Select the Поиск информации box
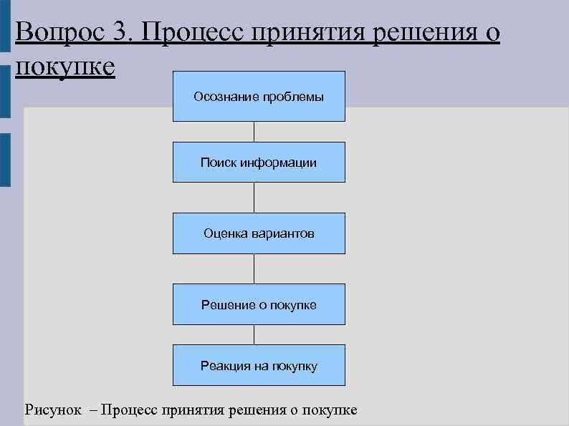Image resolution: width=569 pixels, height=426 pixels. click(259, 162)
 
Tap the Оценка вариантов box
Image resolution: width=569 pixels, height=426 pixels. click(259, 233)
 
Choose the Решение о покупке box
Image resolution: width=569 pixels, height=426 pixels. click(259, 304)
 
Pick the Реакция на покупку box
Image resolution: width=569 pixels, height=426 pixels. click(259, 365)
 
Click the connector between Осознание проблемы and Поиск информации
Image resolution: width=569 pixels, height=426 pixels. click(254, 132)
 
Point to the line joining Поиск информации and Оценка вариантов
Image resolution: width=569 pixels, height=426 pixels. click(254, 198)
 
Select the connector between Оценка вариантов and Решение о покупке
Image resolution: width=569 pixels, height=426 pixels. click(254, 268)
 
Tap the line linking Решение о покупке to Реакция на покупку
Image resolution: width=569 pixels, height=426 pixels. click(254, 334)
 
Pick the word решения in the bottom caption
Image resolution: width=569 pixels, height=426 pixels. click(255, 410)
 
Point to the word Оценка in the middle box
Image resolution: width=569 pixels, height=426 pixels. click(225, 233)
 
